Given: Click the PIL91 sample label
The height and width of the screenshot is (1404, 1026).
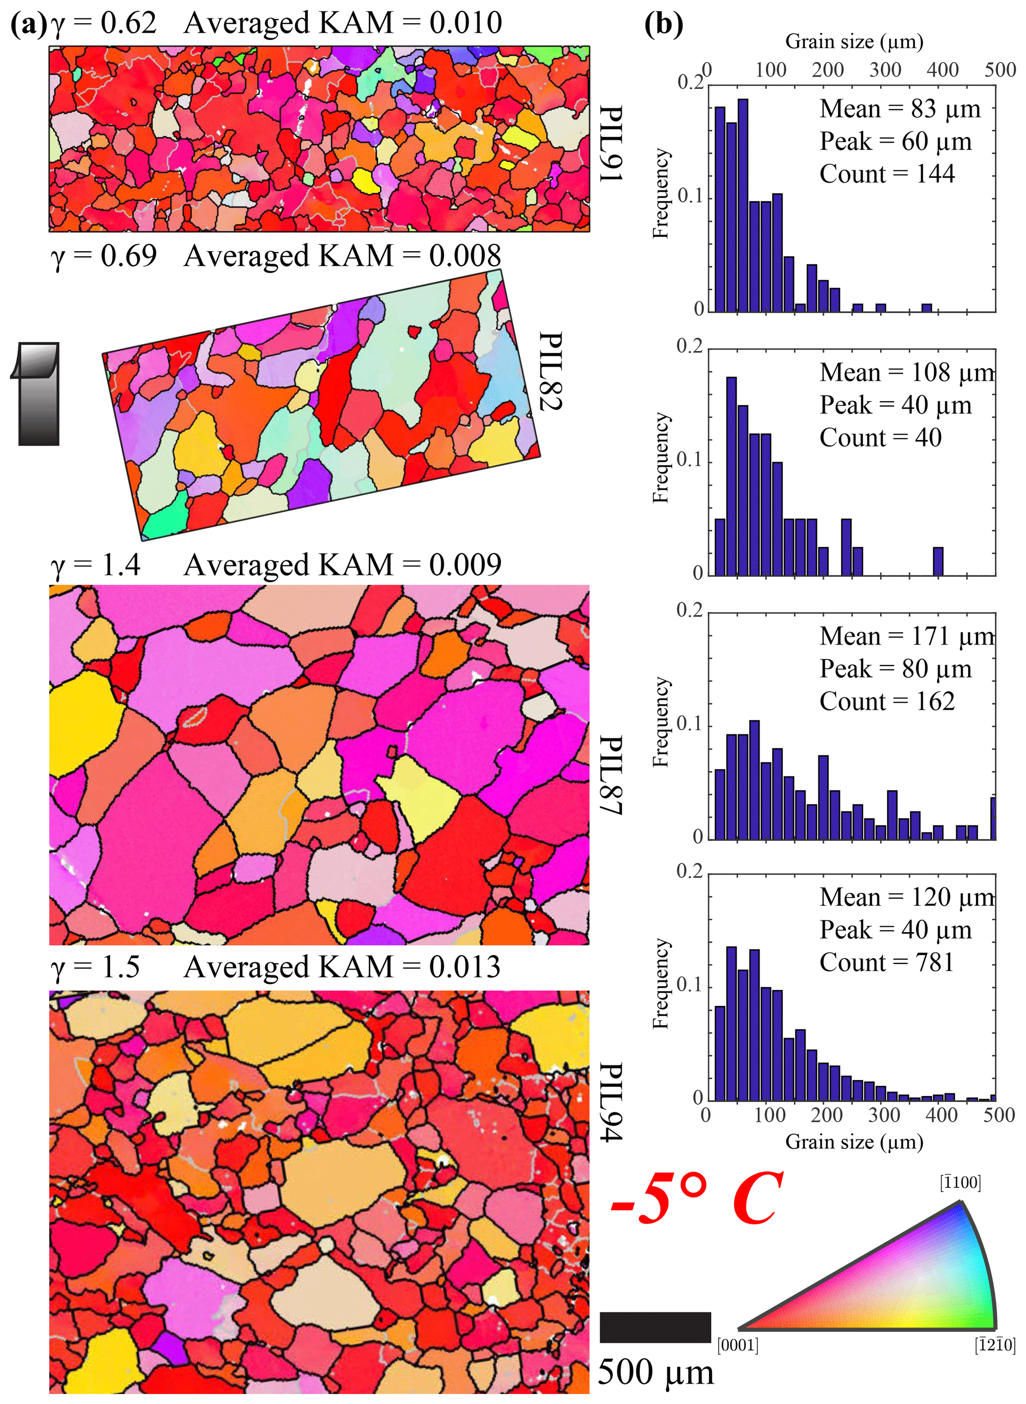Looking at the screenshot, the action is click(x=611, y=144).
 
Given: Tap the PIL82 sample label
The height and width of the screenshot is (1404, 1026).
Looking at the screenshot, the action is click(x=549, y=371).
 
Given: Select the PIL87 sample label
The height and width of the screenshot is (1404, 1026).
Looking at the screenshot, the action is click(x=611, y=775).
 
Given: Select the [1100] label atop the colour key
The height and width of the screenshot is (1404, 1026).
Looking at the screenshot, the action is click(x=960, y=1182).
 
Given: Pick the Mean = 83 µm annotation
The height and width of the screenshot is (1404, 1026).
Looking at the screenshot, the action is click(x=900, y=109).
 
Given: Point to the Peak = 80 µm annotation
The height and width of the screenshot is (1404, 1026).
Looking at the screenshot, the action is click(x=895, y=669).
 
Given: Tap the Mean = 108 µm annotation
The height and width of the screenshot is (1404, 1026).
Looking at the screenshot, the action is click(x=907, y=373).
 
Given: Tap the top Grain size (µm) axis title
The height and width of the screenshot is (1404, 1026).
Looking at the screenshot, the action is click(x=854, y=42).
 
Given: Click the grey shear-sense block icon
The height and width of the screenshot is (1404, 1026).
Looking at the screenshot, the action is click(x=36, y=394).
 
